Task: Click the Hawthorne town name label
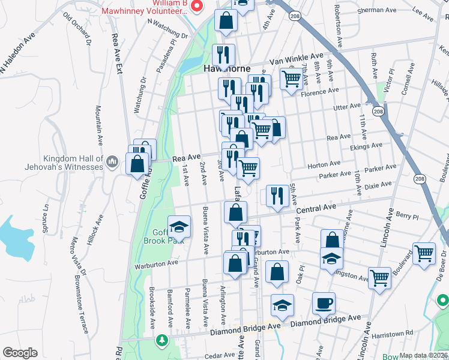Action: [x=228, y=68]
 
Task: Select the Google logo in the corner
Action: [x=20, y=353]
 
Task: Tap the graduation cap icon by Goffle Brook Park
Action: [x=179, y=227]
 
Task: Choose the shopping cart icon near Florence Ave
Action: [x=291, y=77]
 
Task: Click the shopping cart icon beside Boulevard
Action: [x=424, y=253]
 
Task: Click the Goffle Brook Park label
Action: [x=167, y=237]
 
